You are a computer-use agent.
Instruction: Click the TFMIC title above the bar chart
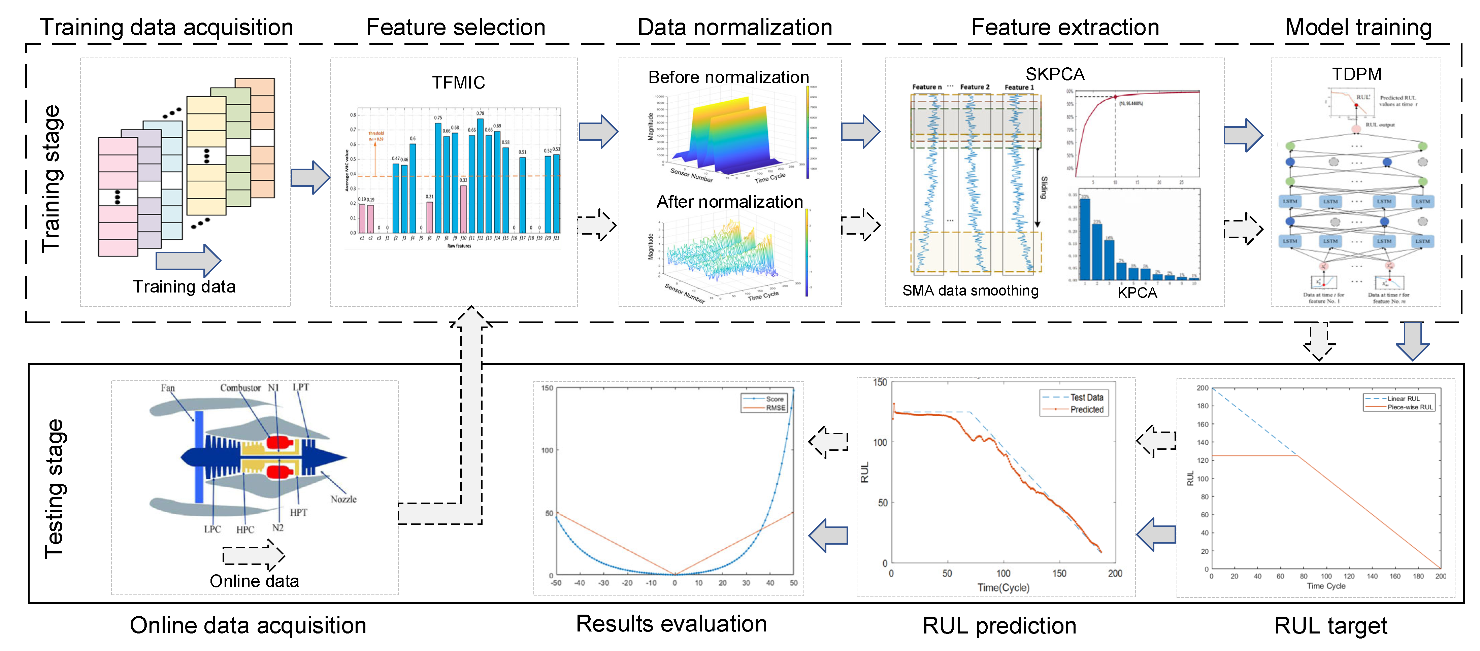click(458, 83)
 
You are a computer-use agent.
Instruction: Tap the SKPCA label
click(1055, 74)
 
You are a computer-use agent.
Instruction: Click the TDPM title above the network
click(1356, 74)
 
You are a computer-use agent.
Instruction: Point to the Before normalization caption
click(728, 77)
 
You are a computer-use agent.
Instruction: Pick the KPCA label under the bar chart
click(1137, 293)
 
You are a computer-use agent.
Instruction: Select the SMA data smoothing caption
click(971, 290)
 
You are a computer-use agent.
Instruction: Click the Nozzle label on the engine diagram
click(343, 499)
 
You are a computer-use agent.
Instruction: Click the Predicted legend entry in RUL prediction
click(1086, 409)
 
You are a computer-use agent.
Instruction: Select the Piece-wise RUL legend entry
click(1410, 407)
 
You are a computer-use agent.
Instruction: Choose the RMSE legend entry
click(775, 408)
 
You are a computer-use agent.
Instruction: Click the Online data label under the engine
click(254, 581)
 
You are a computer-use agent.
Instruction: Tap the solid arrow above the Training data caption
click(188, 260)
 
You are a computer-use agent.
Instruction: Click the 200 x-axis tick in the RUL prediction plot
click(1115, 573)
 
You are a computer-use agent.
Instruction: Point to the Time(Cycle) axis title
click(1003, 587)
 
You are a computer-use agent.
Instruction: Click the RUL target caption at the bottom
click(1330, 625)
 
